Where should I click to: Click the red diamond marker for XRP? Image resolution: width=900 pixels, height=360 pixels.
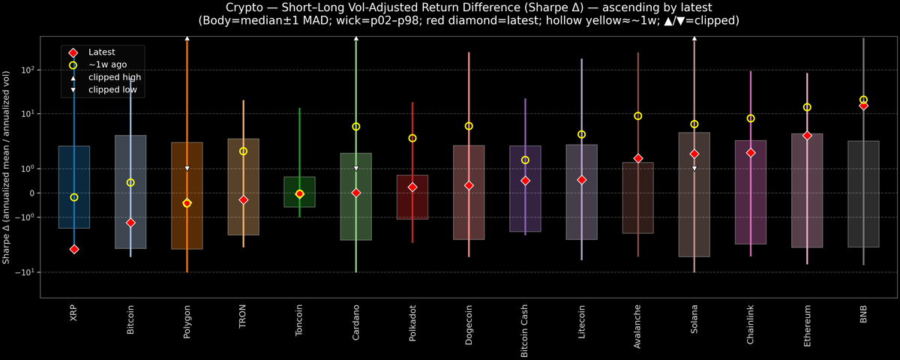74,249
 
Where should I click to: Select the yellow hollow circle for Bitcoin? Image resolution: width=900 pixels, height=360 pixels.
130,182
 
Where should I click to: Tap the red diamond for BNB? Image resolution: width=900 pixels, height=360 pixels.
863,106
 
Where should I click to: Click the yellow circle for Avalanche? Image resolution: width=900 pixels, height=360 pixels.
638,115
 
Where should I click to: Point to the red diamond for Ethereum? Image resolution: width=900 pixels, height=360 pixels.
807,136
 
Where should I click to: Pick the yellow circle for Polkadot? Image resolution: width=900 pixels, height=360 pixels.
412,138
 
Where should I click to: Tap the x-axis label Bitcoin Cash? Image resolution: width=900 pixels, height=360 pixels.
525,329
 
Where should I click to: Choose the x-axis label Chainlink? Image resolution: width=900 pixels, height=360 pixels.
751,323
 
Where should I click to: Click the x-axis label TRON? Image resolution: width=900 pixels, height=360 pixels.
243,317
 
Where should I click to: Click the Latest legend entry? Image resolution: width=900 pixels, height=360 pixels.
101,52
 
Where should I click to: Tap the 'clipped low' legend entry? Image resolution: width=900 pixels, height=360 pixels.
112,89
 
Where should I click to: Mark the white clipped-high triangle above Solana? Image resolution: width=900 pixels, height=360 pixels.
694,37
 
